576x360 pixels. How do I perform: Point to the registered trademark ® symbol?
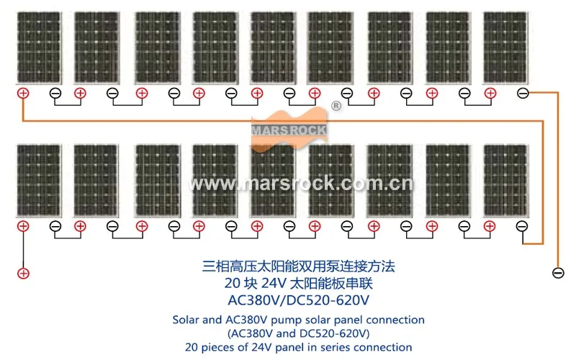(336, 107)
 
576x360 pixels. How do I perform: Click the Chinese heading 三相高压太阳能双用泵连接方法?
(298, 266)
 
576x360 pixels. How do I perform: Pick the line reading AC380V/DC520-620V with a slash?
(298, 298)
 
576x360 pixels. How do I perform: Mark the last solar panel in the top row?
(505, 48)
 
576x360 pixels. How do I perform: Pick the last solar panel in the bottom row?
(505, 181)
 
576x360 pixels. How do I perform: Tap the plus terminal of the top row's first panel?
(23, 93)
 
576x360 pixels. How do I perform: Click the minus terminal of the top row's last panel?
(523, 93)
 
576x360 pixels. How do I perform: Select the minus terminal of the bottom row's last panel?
(523, 226)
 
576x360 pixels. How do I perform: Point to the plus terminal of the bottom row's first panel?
(23, 226)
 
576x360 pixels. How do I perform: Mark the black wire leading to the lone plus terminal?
(23, 249)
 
